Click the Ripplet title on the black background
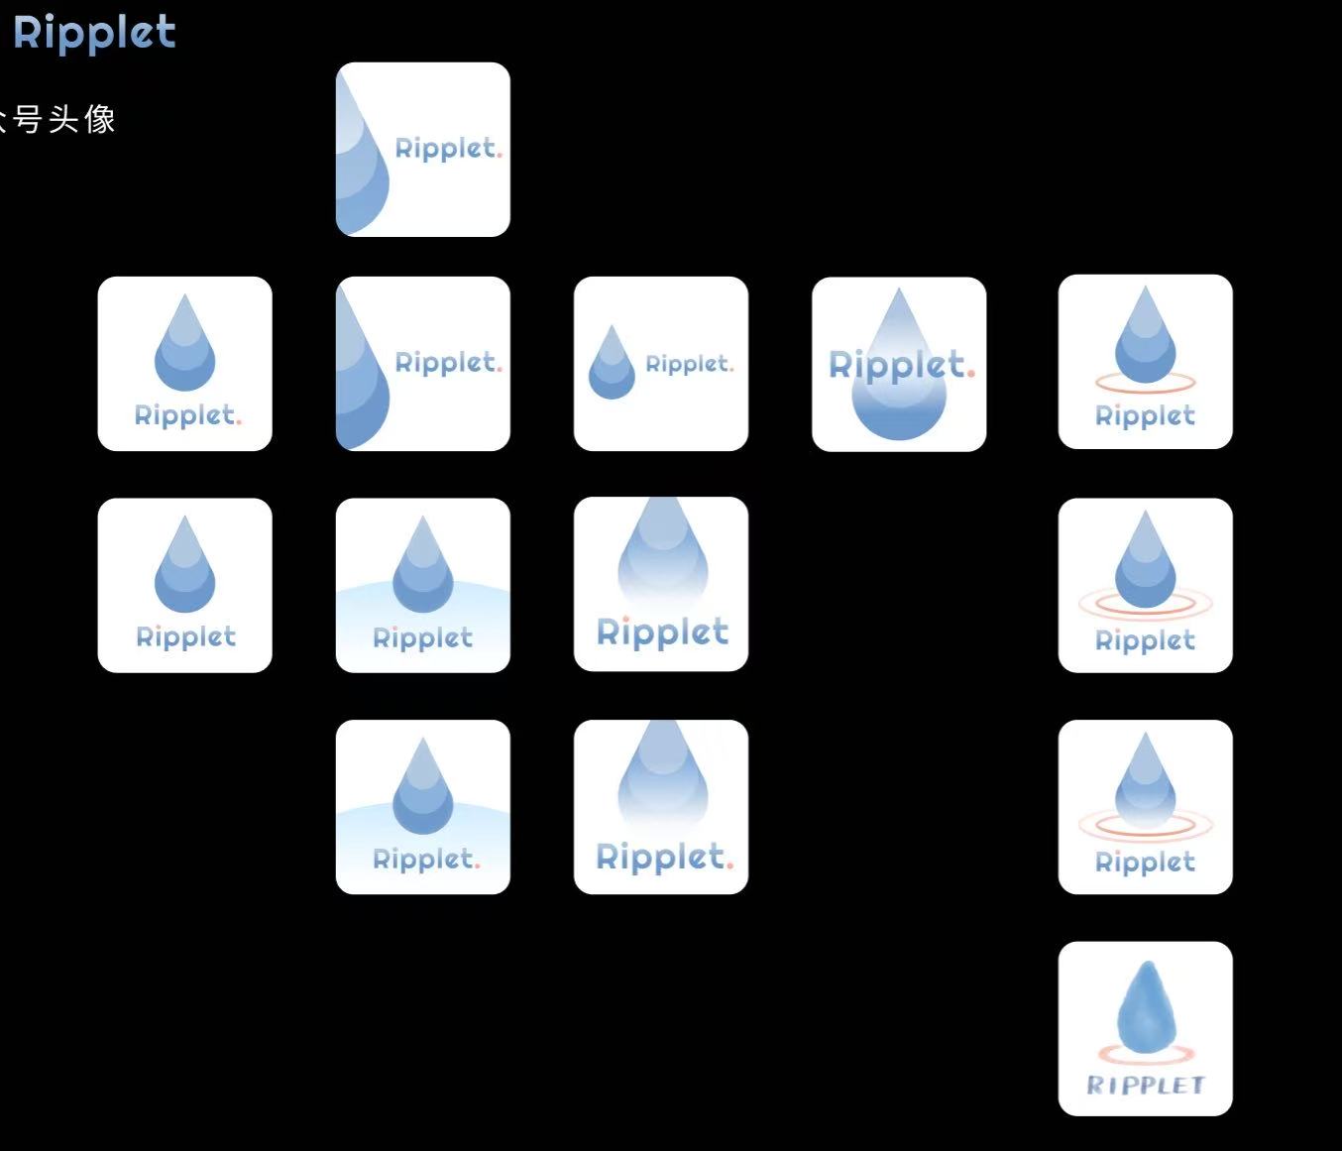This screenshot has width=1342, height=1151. tap(94, 33)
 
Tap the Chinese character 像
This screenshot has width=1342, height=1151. tap(100, 120)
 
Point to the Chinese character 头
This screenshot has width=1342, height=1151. tap(64, 120)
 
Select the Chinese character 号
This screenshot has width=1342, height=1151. tap(29, 120)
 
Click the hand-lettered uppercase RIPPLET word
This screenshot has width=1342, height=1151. tap(1145, 1085)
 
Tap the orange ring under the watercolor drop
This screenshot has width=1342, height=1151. tap(1146, 1053)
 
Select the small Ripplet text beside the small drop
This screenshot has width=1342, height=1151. tap(689, 364)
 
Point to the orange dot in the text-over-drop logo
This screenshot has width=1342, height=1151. tap(971, 373)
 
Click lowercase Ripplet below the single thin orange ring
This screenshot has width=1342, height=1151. tap(1145, 415)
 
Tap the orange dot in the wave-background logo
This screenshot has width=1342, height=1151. tap(477, 864)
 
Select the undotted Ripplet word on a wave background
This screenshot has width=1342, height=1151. tap(422, 637)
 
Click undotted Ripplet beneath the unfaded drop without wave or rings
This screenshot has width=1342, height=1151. tap(185, 636)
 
